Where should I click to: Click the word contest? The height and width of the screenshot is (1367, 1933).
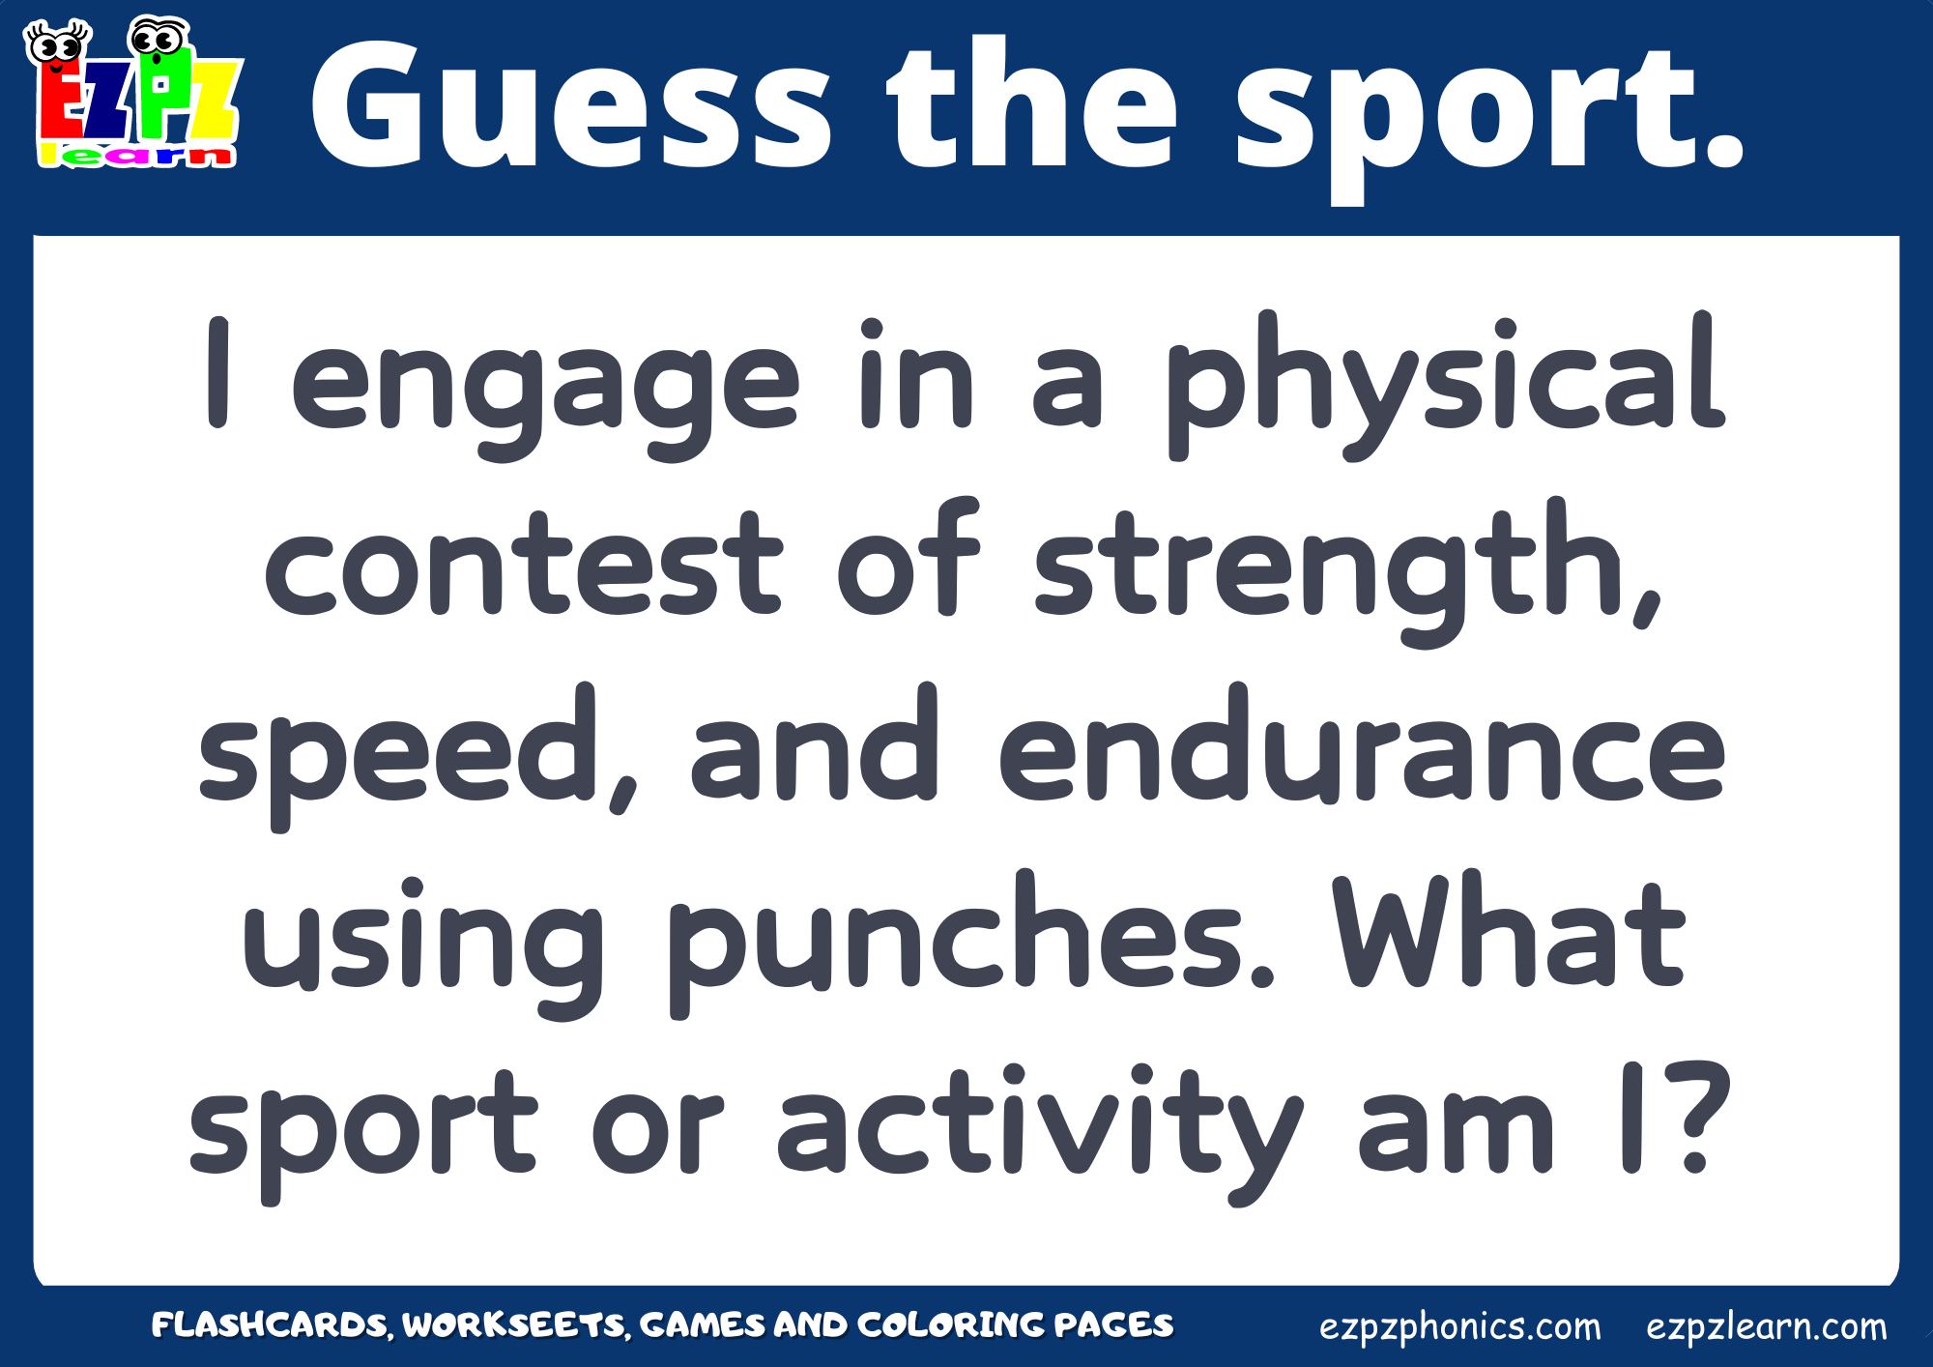pos(523,561)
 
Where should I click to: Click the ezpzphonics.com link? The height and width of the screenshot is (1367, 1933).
pos(1459,1327)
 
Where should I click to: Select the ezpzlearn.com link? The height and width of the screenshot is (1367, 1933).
pos(1767,1327)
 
